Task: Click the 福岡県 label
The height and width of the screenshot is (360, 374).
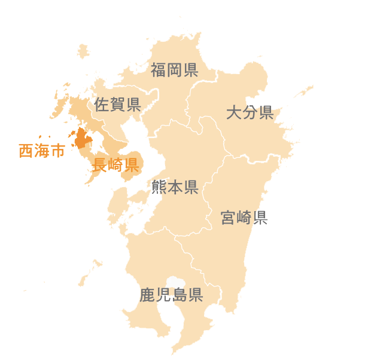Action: [x=174, y=70]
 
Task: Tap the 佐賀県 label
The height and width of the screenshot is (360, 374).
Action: [x=117, y=105]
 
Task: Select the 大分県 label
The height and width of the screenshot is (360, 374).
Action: [x=250, y=112]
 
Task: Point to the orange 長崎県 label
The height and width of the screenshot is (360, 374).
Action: [x=115, y=164]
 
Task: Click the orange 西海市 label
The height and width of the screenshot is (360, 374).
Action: [x=41, y=151]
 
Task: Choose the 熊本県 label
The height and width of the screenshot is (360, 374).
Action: [x=175, y=187]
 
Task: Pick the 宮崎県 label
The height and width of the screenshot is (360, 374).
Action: [x=244, y=217]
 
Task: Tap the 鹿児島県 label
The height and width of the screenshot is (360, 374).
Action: [x=171, y=295]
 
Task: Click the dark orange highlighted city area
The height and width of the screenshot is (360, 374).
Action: [x=81, y=139]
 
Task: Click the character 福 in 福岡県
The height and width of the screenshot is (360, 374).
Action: [x=159, y=70]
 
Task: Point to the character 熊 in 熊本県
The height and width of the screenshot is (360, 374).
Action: [x=159, y=187]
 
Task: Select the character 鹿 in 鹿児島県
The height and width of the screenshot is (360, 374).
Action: [x=147, y=295]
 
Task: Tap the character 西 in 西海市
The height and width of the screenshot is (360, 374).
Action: [x=26, y=151]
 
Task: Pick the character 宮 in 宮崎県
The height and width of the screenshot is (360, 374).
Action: [x=228, y=217]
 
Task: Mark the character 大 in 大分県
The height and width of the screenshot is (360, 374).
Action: [x=234, y=112]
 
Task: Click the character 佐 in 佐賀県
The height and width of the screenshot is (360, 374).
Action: [x=102, y=105]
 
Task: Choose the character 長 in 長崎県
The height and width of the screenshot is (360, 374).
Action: [x=100, y=164]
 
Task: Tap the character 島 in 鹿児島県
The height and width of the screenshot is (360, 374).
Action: [x=179, y=295]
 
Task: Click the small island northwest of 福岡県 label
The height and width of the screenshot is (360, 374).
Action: [x=83, y=51]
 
